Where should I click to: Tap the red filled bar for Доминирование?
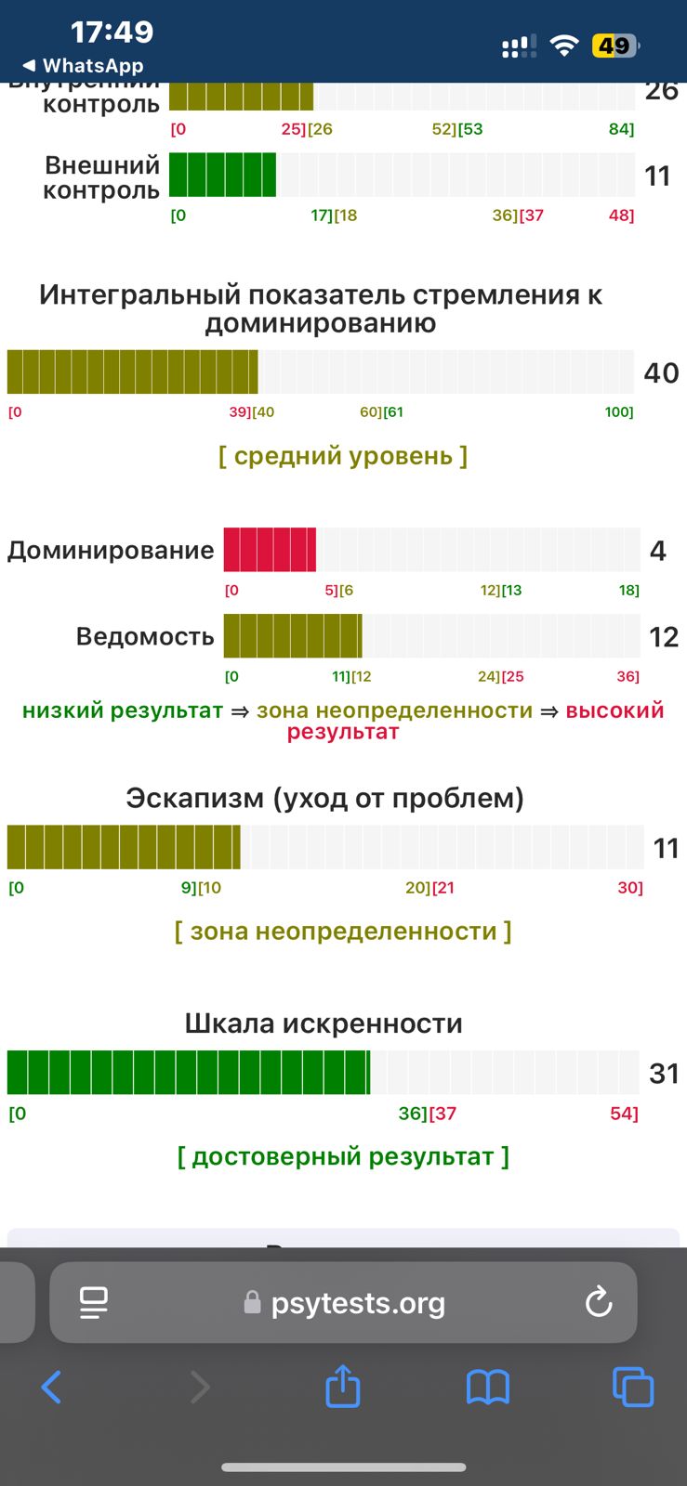point(270,549)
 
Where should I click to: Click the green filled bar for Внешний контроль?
point(222,175)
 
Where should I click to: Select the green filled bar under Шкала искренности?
point(188,1072)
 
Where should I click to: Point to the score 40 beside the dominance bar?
point(661,372)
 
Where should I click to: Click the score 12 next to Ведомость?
point(663,636)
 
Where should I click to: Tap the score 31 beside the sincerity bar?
point(664,1073)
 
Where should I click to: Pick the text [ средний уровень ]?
point(343,456)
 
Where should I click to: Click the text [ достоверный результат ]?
point(343,1156)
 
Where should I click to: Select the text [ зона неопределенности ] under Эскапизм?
point(343,931)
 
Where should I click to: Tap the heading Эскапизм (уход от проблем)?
point(324,798)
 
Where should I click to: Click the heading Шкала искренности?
point(324,1023)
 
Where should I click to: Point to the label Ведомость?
point(145,636)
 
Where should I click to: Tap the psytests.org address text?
point(358,1303)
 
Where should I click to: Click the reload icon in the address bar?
point(599,1302)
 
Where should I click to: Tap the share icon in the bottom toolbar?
point(342,1387)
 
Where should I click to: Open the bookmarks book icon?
point(488,1388)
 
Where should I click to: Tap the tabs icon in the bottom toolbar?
point(633,1388)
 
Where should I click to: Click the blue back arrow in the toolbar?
point(52,1388)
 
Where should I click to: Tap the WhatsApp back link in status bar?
point(84,66)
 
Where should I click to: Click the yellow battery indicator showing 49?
point(614,46)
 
